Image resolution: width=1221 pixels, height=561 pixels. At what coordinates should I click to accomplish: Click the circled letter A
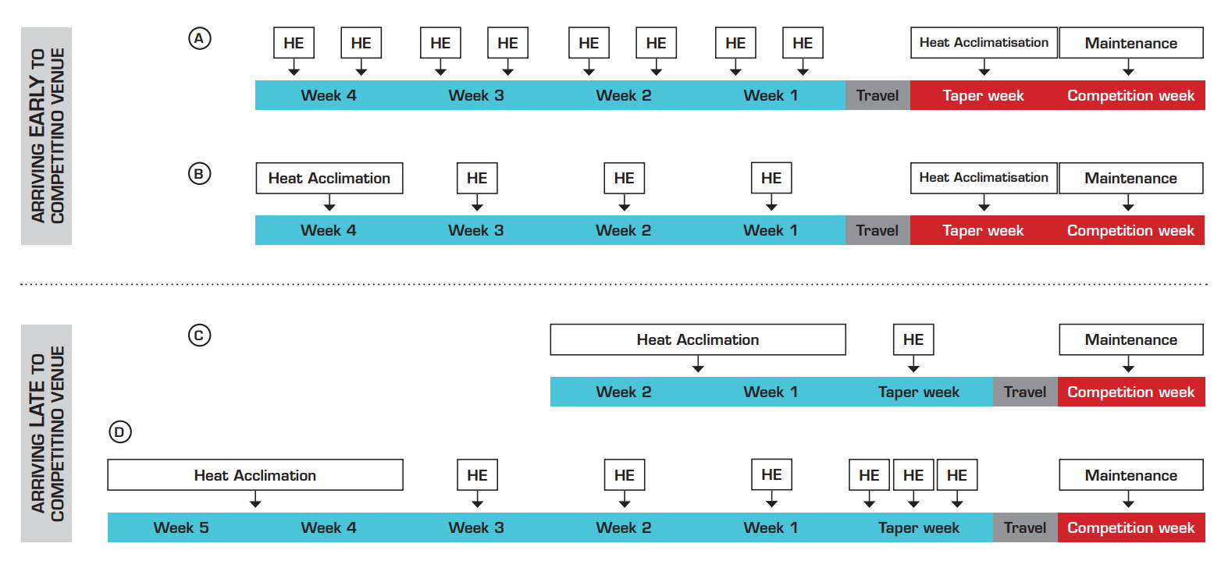click(200, 39)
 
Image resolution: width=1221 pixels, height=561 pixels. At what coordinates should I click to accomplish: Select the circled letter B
click(200, 174)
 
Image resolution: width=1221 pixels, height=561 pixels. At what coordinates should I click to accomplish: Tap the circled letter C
click(200, 335)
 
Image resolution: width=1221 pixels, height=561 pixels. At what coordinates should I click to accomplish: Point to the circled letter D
click(120, 432)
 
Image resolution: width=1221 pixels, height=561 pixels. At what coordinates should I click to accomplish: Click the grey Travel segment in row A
click(877, 95)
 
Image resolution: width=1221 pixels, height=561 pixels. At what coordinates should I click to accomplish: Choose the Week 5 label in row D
click(181, 527)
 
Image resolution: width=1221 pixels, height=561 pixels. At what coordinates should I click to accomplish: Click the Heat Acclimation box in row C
click(698, 340)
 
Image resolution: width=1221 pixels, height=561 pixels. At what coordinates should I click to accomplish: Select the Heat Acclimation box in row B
click(329, 178)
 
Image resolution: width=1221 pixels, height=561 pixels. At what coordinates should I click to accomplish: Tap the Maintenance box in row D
click(1131, 475)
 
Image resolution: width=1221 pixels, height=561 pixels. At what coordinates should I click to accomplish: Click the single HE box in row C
click(913, 340)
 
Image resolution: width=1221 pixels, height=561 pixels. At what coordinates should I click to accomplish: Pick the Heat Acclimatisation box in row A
click(984, 42)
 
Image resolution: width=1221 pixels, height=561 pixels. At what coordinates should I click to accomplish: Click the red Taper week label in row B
click(984, 230)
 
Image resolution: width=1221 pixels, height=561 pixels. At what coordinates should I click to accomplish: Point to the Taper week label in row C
click(918, 392)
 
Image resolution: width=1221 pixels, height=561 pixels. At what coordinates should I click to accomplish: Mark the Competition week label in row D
click(1131, 527)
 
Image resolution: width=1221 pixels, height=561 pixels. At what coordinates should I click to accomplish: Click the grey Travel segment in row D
click(1025, 527)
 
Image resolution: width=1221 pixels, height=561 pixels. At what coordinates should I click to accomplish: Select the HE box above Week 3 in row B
click(477, 178)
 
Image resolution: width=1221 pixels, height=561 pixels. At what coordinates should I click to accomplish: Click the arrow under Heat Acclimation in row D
click(255, 499)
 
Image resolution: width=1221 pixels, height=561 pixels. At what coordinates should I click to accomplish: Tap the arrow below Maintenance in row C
click(1128, 364)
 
